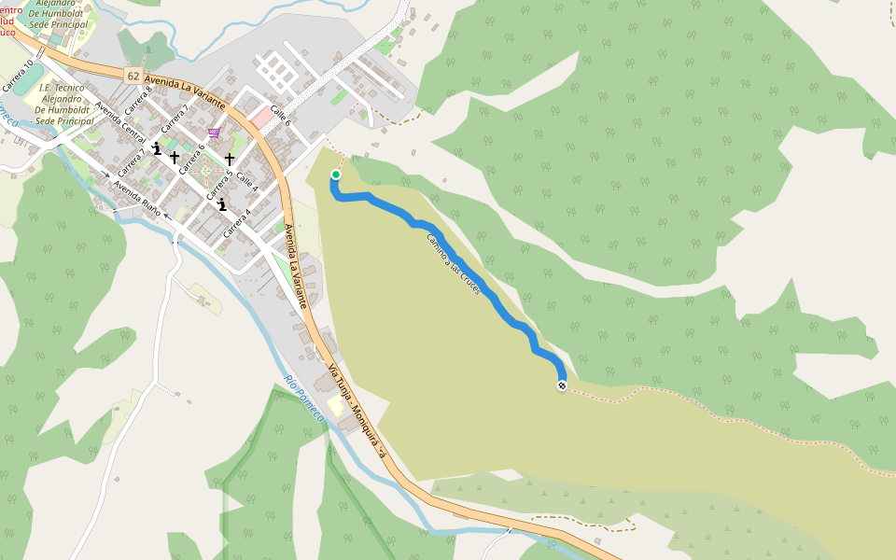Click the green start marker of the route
pos(335,175)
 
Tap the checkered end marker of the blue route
pos(562,385)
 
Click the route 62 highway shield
pos(133,75)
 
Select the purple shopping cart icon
pos(215,133)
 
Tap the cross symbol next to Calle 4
pos(230,160)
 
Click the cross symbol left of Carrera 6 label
pos(174,158)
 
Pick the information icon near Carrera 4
pos(221,204)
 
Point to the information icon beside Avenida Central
pos(156,148)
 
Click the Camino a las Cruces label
pos(454,265)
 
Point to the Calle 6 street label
pos(281,116)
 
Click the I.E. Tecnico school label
pos(62,104)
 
